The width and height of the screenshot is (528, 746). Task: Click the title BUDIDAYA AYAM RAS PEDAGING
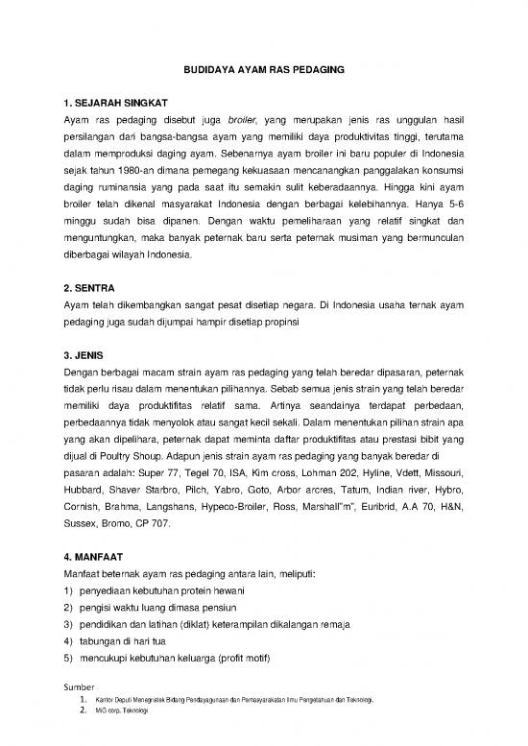point(264,71)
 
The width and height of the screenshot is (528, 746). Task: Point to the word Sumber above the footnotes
point(78,688)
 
